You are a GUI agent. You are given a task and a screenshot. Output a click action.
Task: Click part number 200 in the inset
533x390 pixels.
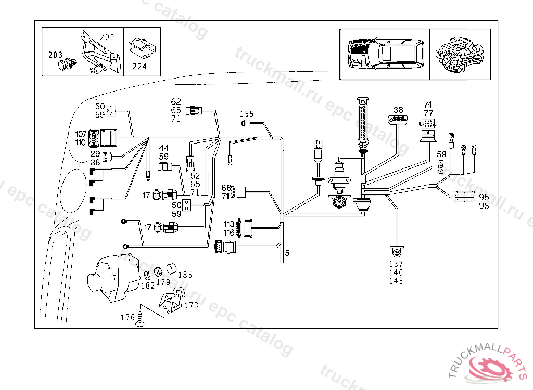point(107,37)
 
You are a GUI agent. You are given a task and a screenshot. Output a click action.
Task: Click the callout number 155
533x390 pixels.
point(247,114)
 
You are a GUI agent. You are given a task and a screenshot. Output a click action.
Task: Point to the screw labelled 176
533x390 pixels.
point(139,320)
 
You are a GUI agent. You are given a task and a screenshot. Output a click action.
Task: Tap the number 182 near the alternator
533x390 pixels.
point(148,285)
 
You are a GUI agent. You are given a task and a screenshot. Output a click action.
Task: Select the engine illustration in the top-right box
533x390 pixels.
point(460,54)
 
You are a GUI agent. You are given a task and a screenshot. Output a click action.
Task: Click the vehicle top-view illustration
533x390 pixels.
point(385,54)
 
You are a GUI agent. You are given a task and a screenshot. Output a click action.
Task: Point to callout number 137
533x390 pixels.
point(396,264)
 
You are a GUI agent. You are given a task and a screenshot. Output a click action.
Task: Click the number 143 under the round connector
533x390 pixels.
point(396,281)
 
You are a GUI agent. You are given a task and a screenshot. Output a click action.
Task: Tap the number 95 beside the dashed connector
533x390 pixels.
point(484,198)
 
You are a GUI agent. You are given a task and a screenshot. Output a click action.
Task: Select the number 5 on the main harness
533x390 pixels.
point(287,253)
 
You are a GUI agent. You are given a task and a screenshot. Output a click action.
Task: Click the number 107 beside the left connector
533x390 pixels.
point(81,134)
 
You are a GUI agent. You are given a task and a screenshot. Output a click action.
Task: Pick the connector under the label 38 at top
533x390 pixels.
point(399,120)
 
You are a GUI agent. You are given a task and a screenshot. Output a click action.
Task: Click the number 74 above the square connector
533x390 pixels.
point(428,105)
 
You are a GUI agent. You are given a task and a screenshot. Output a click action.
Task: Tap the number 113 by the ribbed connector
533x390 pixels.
point(230,225)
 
